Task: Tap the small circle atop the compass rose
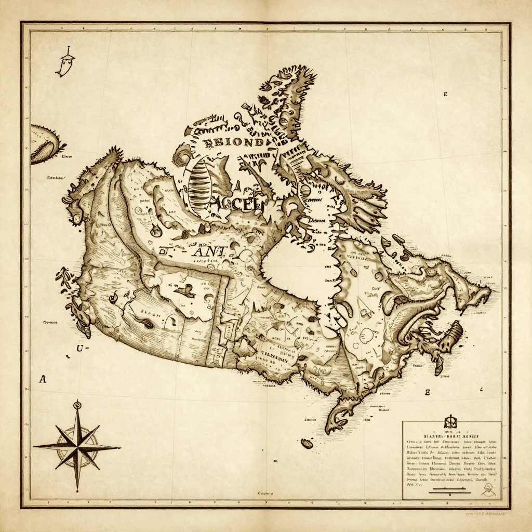tap(77, 404)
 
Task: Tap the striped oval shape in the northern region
tap(198, 184)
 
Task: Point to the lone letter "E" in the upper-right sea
tap(445, 95)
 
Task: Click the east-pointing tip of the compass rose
tap(121, 446)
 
